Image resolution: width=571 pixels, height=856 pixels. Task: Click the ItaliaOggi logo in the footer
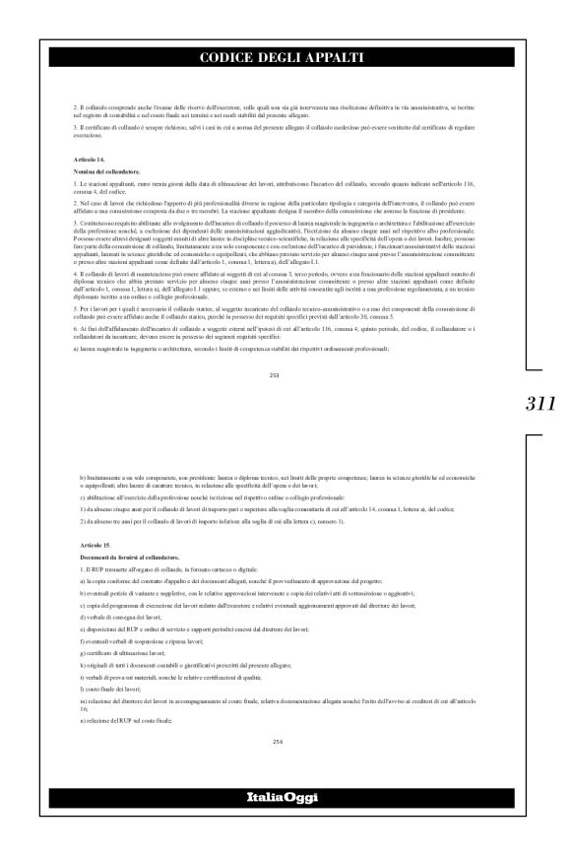click(285, 823)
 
